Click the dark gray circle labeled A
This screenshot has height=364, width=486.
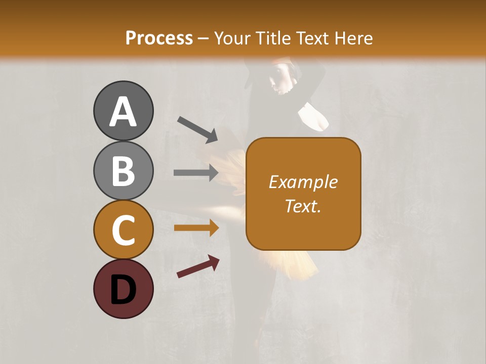(x=123, y=111)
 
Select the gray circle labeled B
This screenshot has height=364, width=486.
(x=123, y=170)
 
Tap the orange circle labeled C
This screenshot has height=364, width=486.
(x=123, y=230)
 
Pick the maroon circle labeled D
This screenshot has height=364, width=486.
(x=123, y=289)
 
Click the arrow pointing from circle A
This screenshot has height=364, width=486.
(x=197, y=129)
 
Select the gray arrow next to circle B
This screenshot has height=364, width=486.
(x=196, y=173)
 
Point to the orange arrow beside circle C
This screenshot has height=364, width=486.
(x=196, y=228)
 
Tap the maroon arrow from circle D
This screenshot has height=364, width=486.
(x=198, y=266)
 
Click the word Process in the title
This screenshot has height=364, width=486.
(x=159, y=38)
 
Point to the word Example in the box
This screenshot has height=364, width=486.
(x=303, y=182)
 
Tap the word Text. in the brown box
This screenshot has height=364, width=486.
(x=303, y=206)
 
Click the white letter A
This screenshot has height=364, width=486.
(x=123, y=112)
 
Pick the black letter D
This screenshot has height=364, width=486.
(x=123, y=290)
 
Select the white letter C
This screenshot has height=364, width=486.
(x=123, y=231)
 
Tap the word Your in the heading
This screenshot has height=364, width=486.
(x=233, y=38)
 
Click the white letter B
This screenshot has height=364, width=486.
(x=123, y=171)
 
